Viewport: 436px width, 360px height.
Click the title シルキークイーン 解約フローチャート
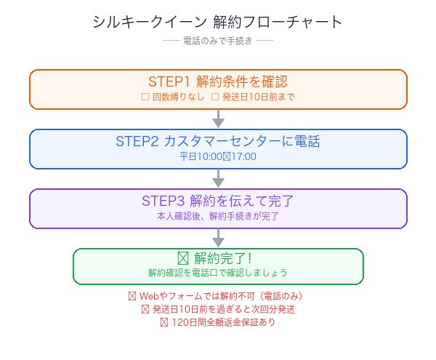(218, 22)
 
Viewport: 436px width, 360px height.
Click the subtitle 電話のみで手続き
(218, 41)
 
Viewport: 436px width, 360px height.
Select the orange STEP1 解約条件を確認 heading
(218, 81)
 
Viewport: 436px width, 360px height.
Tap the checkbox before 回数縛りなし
(145, 97)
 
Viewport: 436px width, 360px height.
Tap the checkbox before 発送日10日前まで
(214, 97)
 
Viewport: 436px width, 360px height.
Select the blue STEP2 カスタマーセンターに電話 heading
(218, 140)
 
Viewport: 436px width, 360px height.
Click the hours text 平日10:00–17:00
(218, 156)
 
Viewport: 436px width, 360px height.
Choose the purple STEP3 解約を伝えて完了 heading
(218, 200)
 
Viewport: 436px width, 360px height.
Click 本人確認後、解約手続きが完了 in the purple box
(218, 216)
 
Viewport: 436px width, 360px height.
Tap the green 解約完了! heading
(218, 258)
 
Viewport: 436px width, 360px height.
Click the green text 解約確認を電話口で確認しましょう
(218, 273)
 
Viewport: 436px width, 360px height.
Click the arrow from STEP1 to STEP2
(218, 119)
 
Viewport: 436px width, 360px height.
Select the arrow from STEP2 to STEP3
(218, 179)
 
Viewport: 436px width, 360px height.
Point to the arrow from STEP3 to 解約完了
(218, 239)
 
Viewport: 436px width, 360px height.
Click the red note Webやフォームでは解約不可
(218, 297)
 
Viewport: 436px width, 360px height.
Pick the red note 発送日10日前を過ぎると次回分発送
(218, 309)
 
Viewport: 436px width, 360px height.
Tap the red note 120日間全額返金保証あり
(218, 322)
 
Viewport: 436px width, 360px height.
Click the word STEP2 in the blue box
(133, 140)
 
